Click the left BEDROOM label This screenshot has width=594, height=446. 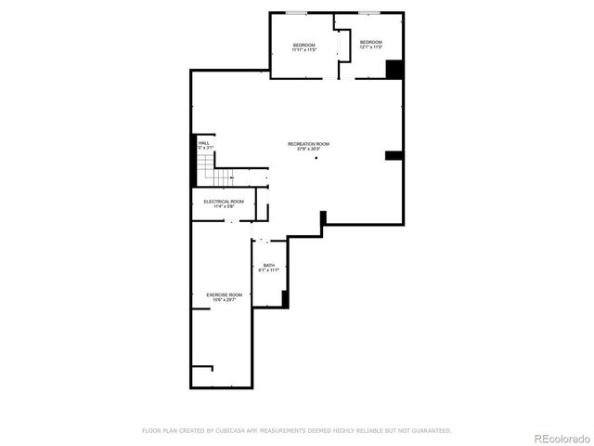[x=304, y=46]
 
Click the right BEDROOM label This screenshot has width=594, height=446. [x=371, y=43]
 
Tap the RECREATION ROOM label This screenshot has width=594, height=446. [x=308, y=144]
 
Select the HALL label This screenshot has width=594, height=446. [x=203, y=143]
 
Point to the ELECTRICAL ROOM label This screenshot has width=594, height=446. [x=224, y=202]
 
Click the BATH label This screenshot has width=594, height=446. [x=268, y=266]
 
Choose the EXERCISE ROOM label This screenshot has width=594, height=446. [x=224, y=295]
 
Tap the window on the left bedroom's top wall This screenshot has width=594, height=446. [x=297, y=13]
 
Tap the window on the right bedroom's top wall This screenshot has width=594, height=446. [x=369, y=13]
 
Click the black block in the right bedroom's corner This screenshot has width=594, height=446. [x=394, y=70]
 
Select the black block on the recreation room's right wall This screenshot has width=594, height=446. [x=393, y=155]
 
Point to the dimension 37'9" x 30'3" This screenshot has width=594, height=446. [x=308, y=150]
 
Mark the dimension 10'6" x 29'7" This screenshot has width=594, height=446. [x=224, y=300]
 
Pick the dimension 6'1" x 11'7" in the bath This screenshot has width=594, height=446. [x=268, y=271]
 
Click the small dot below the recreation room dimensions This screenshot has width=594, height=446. [x=315, y=159]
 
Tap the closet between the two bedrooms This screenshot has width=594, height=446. [x=343, y=46]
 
